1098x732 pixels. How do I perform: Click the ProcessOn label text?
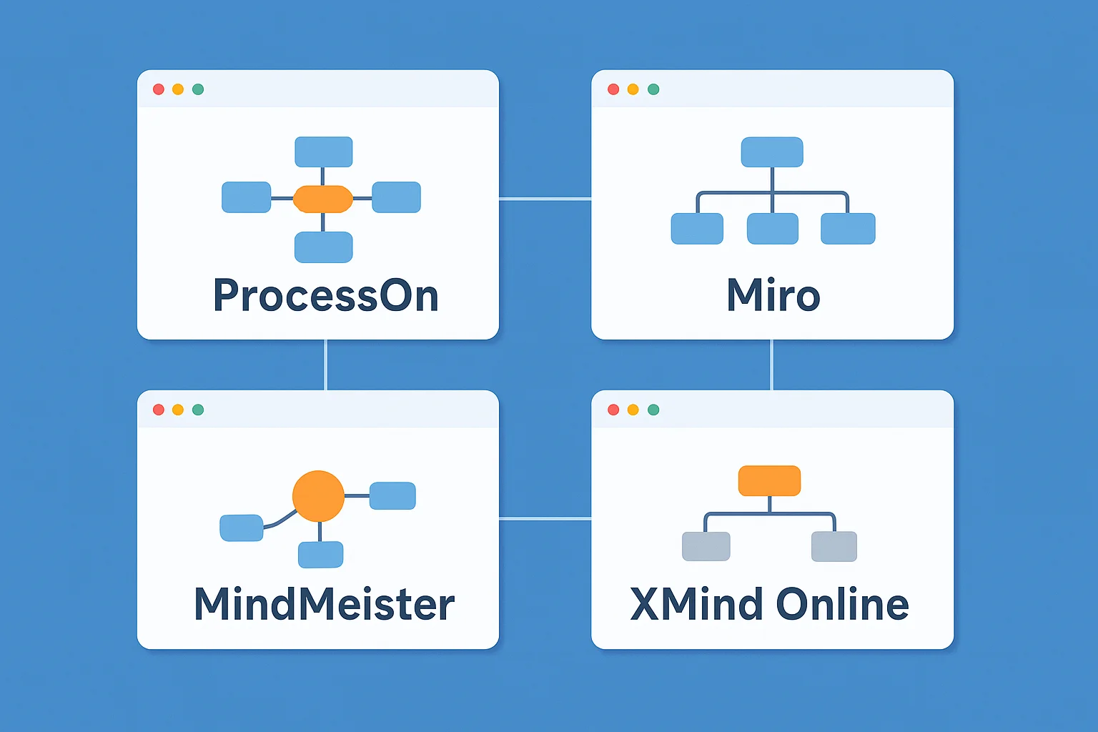(x=325, y=296)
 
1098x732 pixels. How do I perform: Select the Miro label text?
(x=773, y=296)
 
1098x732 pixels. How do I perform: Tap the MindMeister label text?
(x=324, y=604)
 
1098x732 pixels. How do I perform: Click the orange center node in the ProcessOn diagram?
(x=323, y=199)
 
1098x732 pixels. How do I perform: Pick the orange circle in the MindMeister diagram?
(x=319, y=496)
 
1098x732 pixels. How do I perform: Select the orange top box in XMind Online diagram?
(x=769, y=480)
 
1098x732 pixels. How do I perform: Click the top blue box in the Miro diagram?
(x=772, y=152)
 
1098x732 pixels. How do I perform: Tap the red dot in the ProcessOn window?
(x=159, y=89)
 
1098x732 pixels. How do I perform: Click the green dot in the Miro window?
(x=653, y=89)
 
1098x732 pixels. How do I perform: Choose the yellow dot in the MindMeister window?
(x=178, y=410)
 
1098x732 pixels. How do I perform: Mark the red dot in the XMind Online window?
(x=613, y=410)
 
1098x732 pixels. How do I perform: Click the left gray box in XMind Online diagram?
(x=706, y=547)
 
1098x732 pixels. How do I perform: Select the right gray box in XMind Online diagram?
(x=834, y=547)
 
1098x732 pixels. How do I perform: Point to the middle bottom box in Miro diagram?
(x=772, y=229)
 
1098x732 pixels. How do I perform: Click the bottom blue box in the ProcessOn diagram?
(x=324, y=247)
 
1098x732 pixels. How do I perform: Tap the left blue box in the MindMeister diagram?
(x=242, y=528)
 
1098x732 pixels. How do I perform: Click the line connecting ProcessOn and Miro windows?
(x=545, y=199)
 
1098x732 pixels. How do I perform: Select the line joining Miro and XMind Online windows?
(x=771, y=365)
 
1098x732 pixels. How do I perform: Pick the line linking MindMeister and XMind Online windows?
(x=545, y=518)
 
